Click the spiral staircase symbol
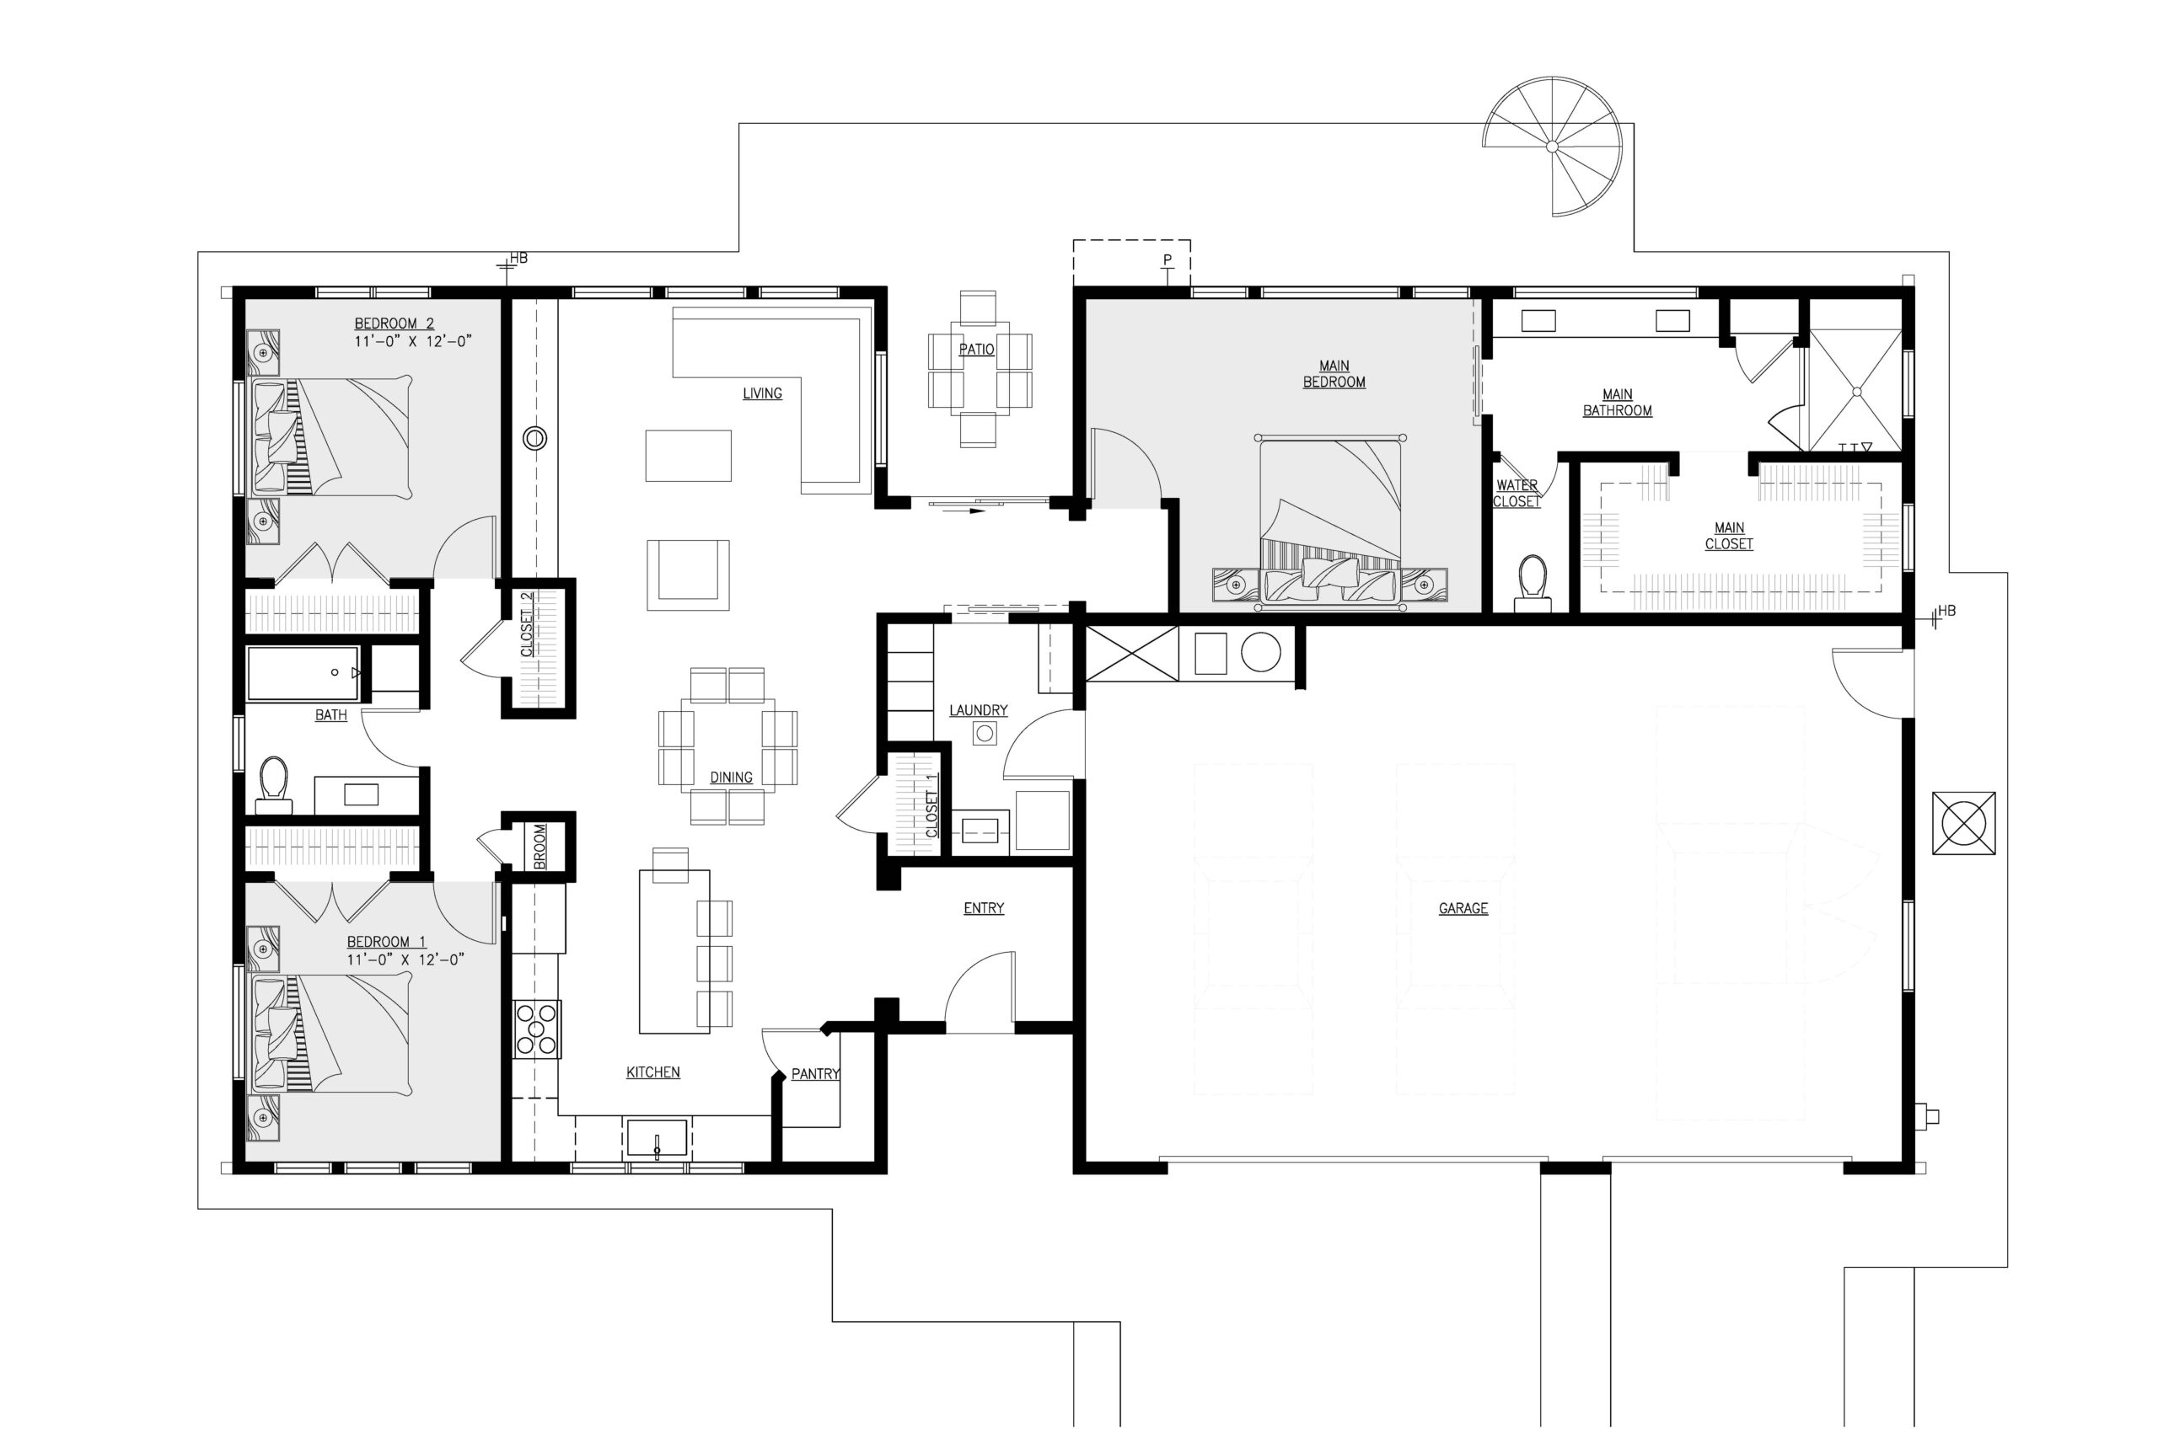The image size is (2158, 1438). click(1553, 147)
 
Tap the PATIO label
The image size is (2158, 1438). click(976, 350)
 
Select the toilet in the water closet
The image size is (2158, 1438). click(1533, 583)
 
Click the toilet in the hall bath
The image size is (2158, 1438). click(273, 785)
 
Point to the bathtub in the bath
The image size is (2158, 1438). click(303, 673)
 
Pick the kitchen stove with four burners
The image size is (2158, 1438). click(537, 1029)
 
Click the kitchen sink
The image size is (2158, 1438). click(657, 1138)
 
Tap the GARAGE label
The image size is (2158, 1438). click(1463, 908)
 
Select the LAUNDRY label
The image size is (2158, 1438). click(978, 710)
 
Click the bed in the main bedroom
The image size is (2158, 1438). click(1329, 520)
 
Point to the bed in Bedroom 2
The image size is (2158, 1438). click(330, 437)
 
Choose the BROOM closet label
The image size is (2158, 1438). click(539, 847)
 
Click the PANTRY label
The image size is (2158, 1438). click(816, 1073)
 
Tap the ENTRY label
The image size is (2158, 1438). click(984, 908)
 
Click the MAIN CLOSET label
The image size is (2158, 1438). click(1730, 536)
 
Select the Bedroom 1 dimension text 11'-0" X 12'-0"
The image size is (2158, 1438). click(405, 960)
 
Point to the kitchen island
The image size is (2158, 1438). click(674, 951)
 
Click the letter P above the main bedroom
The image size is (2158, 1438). click(1167, 259)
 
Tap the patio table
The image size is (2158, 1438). click(979, 369)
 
